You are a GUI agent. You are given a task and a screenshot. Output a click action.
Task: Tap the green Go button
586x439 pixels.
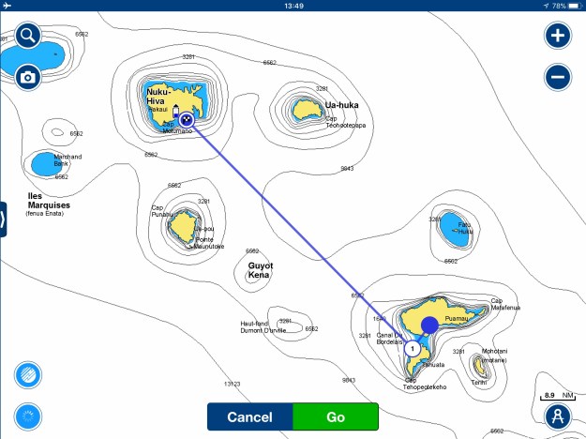pyautogui.click(x=335, y=416)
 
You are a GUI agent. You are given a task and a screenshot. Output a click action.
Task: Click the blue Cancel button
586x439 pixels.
pyautogui.click(x=249, y=416)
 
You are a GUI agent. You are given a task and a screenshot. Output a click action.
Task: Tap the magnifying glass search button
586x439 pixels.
pyautogui.click(x=28, y=37)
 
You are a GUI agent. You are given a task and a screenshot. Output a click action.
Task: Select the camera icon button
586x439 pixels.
pyautogui.click(x=28, y=77)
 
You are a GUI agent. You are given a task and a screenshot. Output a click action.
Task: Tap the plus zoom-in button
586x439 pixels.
pyautogui.click(x=558, y=37)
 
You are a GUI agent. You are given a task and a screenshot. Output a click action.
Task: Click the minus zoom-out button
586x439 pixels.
pyautogui.click(x=558, y=77)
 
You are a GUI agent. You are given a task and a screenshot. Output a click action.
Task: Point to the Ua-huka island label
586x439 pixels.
pyautogui.click(x=342, y=105)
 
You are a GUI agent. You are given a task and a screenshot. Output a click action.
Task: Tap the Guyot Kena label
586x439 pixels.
pyautogui.click(x=260, y=270)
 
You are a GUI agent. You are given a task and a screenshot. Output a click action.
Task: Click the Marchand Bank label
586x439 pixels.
pyautogui.click(x=68, y=159)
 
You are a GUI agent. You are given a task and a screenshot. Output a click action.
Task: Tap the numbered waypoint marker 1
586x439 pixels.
pyautogui.click(x=412, y=348)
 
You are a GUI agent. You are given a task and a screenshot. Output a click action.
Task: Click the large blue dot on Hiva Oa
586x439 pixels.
pyautogui.click(x=429, y=325)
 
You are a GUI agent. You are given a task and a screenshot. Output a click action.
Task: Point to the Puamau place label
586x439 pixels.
pyautogui.click(x=456, y=319)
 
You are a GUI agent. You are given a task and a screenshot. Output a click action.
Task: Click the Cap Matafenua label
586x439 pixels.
pyautogui.click(x=503, y=304)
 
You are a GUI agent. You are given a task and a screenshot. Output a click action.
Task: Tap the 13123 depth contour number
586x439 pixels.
pyautogui.click(x=233, y=384)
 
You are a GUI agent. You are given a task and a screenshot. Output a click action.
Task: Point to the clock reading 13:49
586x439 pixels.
pyautogui.click(x=293, y=6)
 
